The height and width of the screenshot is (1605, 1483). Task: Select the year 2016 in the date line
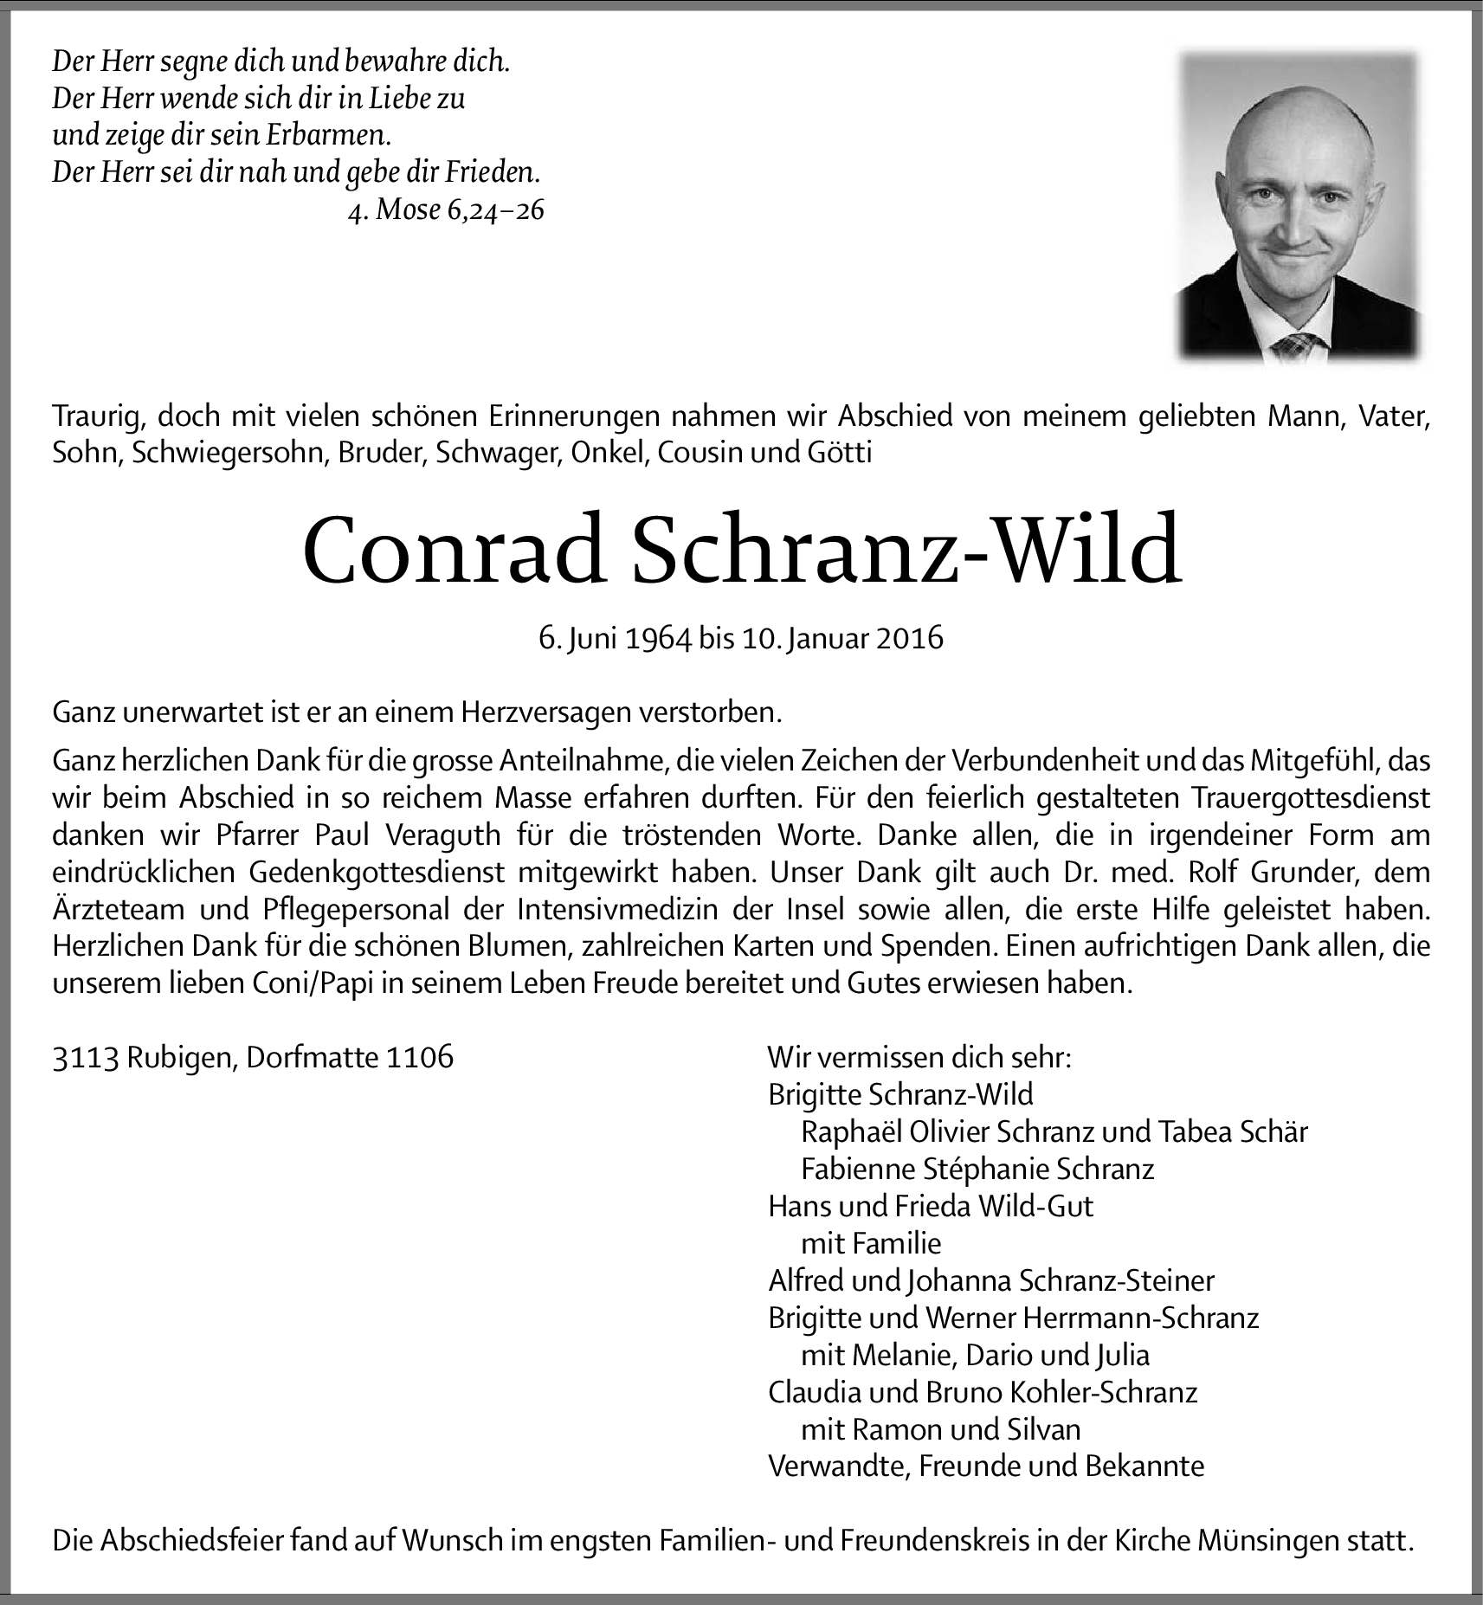(x=908, y=638)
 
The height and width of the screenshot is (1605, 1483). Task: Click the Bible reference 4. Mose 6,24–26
(x=446, y=210)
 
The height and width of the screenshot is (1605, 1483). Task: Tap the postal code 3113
(x=85, y=1058)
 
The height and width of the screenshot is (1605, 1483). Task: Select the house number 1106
(x=420, y=1058)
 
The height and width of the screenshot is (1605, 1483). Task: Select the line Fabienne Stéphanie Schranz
(x=977, y=1170)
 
